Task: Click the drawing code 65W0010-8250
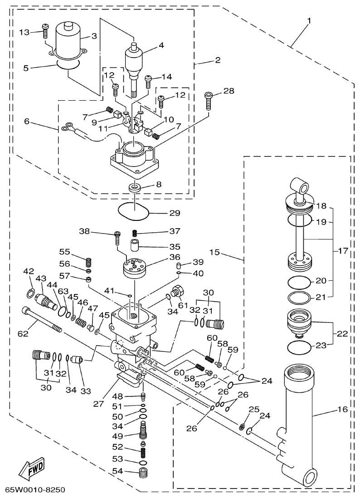[x=35, y=490]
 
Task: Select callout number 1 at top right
[x=309, y=21]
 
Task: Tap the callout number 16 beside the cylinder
[x=342, y=410]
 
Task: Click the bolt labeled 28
[x=209, y=101]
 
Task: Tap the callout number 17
[x=343, y=250]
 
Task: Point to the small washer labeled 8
[x=135, y=186]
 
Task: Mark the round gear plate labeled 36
[x=135, y=268]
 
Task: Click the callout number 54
[x=117, y=471]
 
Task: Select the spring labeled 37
[x=135, y=233]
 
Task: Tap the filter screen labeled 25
[x=244, y=426]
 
